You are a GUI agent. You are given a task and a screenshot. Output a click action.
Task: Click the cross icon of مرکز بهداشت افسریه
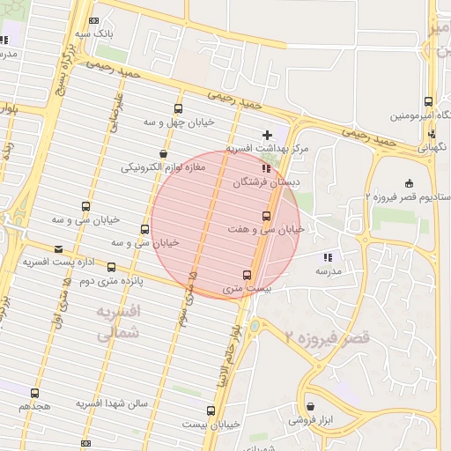click(x=267, y=135)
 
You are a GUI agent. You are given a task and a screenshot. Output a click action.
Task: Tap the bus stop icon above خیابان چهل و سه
click(x=179, y=109)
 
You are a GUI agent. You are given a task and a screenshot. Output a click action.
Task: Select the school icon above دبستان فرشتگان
click(x=266, y=168)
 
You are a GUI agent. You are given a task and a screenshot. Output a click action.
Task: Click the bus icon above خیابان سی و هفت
click(x=266, y=216)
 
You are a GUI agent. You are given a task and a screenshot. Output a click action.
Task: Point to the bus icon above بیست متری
click(x=247, y=274)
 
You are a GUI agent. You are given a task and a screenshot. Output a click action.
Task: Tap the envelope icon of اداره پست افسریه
click(x=59, y=249)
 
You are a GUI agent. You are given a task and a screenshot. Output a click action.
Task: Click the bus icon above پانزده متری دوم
click(x=111, y=267)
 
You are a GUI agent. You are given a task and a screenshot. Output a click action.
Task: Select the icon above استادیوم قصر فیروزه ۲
click(x=408, y=183)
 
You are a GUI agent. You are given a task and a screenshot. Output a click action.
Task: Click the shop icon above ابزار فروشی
click(x=309, y=406)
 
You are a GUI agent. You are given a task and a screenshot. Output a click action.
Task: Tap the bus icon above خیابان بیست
click(x=211, y=410)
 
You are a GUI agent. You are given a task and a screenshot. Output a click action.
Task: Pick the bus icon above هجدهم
click(x=34, y=393)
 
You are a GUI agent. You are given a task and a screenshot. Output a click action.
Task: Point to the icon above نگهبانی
click(x=431, y=134)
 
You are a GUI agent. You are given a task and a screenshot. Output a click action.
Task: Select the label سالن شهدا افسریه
click(x=111, y=403)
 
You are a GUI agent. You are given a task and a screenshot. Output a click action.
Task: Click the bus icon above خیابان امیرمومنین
click(x=428, y=101)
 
